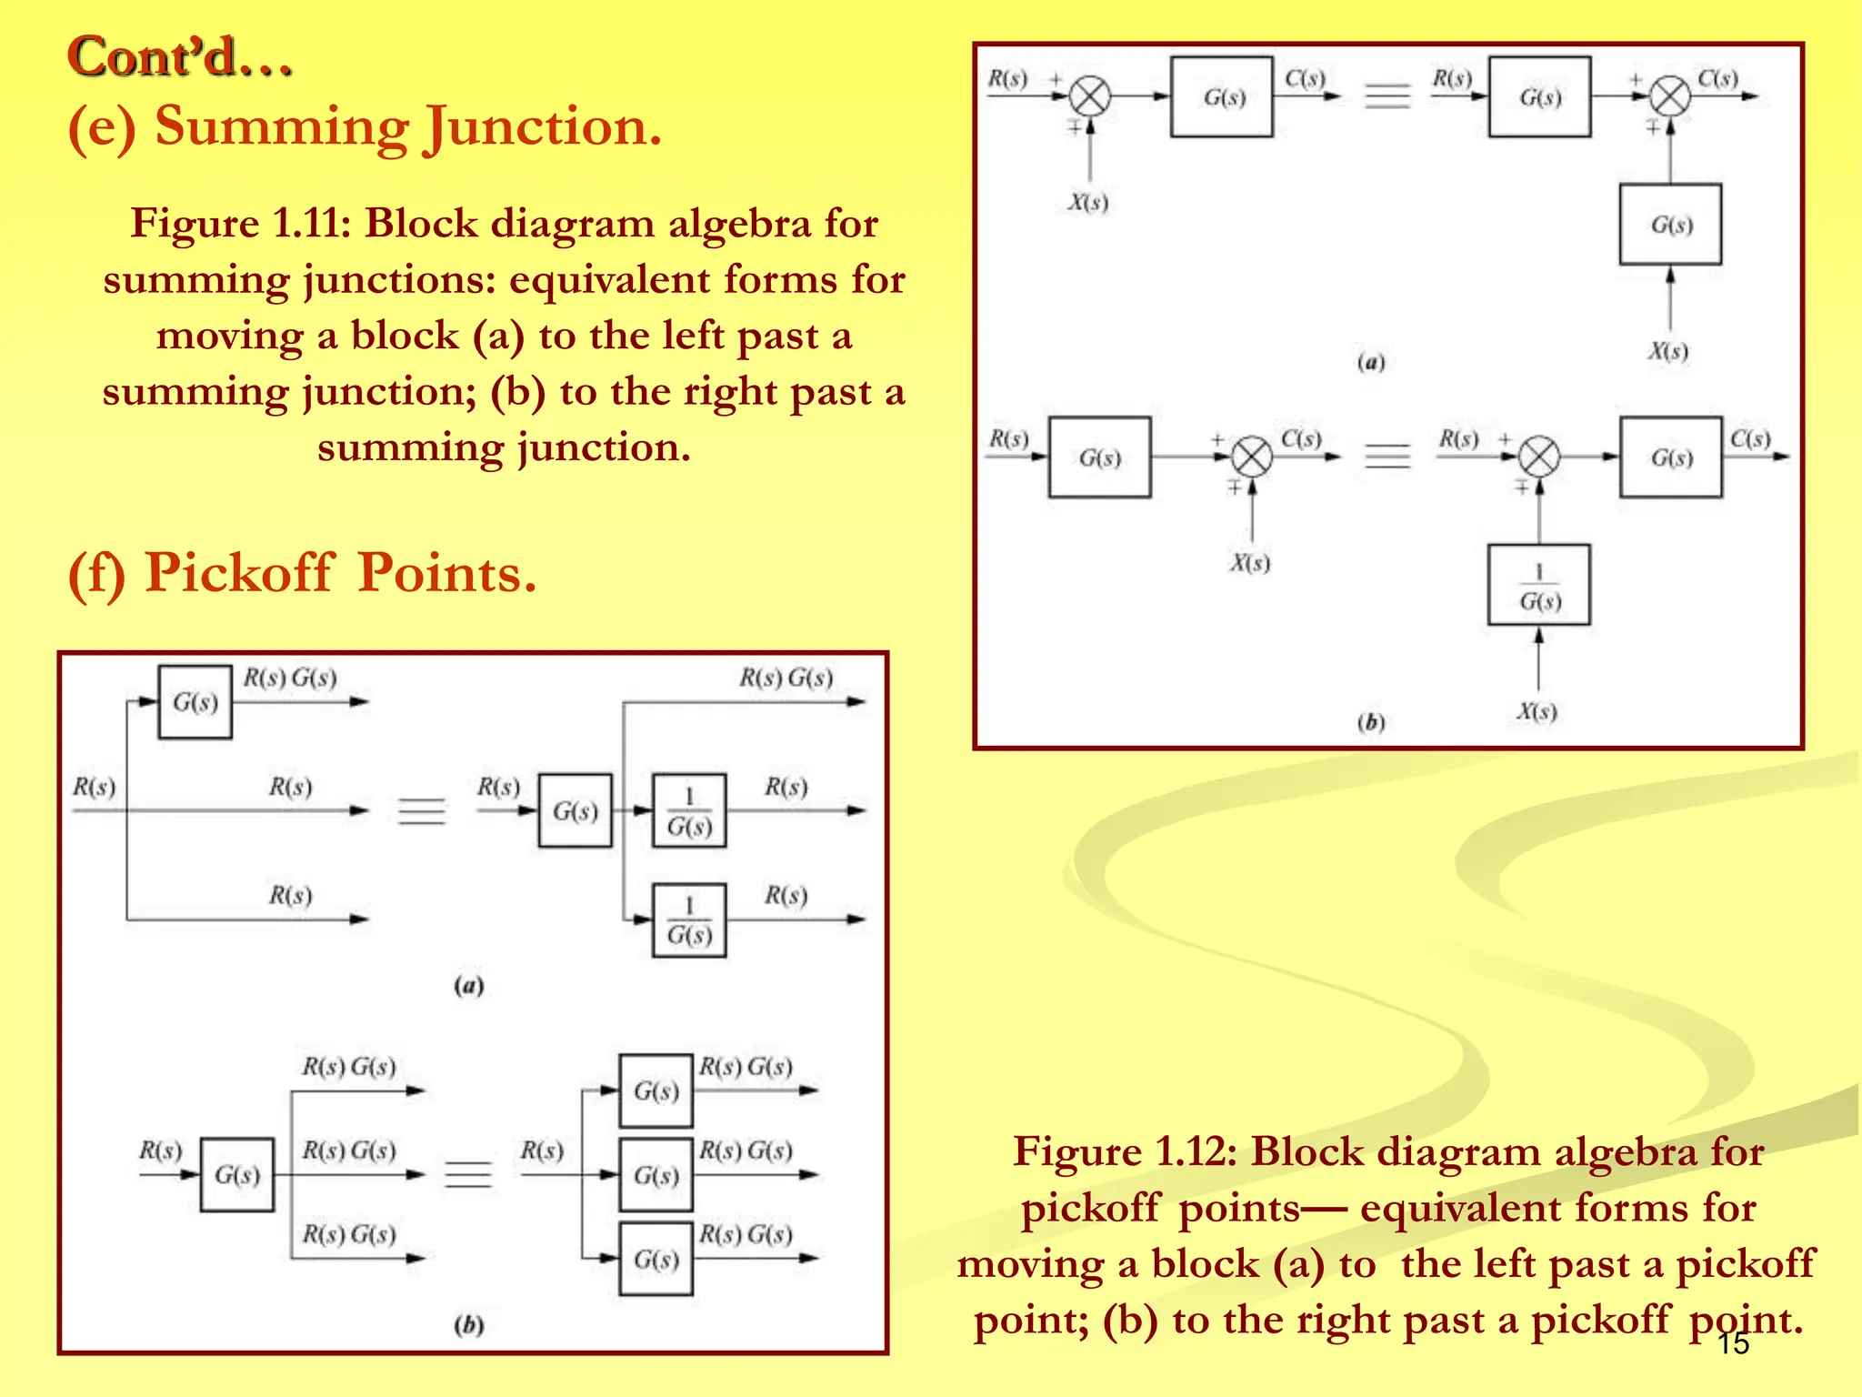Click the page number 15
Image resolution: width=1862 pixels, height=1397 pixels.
click(x=1733, y=1343)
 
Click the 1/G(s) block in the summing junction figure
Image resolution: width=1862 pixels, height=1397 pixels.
click(x=1538, y=586)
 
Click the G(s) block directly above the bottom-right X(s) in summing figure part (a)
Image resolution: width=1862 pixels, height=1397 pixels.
click(x=1670, y=225)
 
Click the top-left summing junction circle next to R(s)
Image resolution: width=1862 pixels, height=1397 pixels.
click(x=1089, y=95)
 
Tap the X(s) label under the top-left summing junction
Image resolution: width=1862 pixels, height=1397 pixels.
click(x=1087, y=202)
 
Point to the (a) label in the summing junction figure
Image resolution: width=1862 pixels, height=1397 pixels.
click(x=1370, y=363)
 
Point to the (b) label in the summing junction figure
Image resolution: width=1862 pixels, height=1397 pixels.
click(x=1370, y=723)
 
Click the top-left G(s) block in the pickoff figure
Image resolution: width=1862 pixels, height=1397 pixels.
click(x=195, y=702)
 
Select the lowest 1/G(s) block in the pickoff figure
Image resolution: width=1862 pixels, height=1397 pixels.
click(x=689, y=920)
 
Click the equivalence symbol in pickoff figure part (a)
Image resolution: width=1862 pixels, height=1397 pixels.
click(x=422, y=810)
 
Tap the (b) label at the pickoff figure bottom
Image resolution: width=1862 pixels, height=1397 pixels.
click(x=468, y=1325)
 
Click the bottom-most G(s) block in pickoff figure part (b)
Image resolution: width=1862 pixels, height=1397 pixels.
click(x=656, y=1259)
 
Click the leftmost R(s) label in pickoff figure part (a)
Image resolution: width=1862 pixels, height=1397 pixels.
click(x=94, y=787)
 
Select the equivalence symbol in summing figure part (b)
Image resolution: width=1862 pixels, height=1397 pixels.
click(x=1387, y=456)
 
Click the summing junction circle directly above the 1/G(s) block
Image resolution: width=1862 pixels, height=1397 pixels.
click(x=1539, y=457)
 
